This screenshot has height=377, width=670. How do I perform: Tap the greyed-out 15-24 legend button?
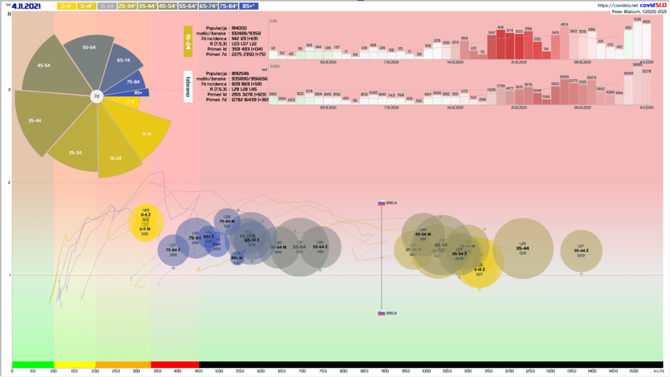click(107, 6)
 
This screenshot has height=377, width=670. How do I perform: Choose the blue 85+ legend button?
click(249, 6)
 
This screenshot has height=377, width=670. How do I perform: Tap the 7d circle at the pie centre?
click(96, 96)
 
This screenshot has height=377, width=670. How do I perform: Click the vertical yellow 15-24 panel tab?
click(188, 42)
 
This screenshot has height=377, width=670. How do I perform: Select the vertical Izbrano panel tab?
click(188, 86)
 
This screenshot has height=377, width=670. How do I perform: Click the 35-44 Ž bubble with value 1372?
click(581, 251)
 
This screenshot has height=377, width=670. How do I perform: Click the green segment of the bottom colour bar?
click(33, 364)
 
